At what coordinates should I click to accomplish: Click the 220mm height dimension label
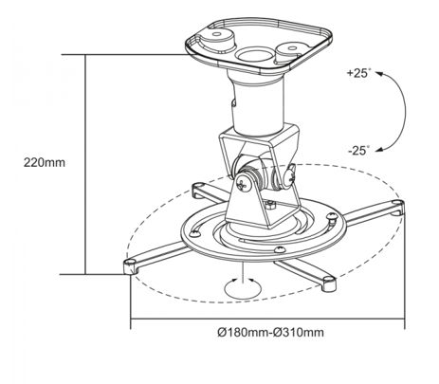[x=45, y=162]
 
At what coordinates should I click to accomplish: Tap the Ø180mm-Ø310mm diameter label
[x=270, y=332]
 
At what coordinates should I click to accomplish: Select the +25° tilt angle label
[x=359, y=73]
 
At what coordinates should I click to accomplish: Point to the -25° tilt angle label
[x=359, y=151]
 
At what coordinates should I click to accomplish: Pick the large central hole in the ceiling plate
[x=255, y=55]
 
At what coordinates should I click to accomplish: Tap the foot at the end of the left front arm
[x=130, y=265]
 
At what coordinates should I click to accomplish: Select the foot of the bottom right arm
[x=329, y=283]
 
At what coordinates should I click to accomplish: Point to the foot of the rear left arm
[x=198, y=190]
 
